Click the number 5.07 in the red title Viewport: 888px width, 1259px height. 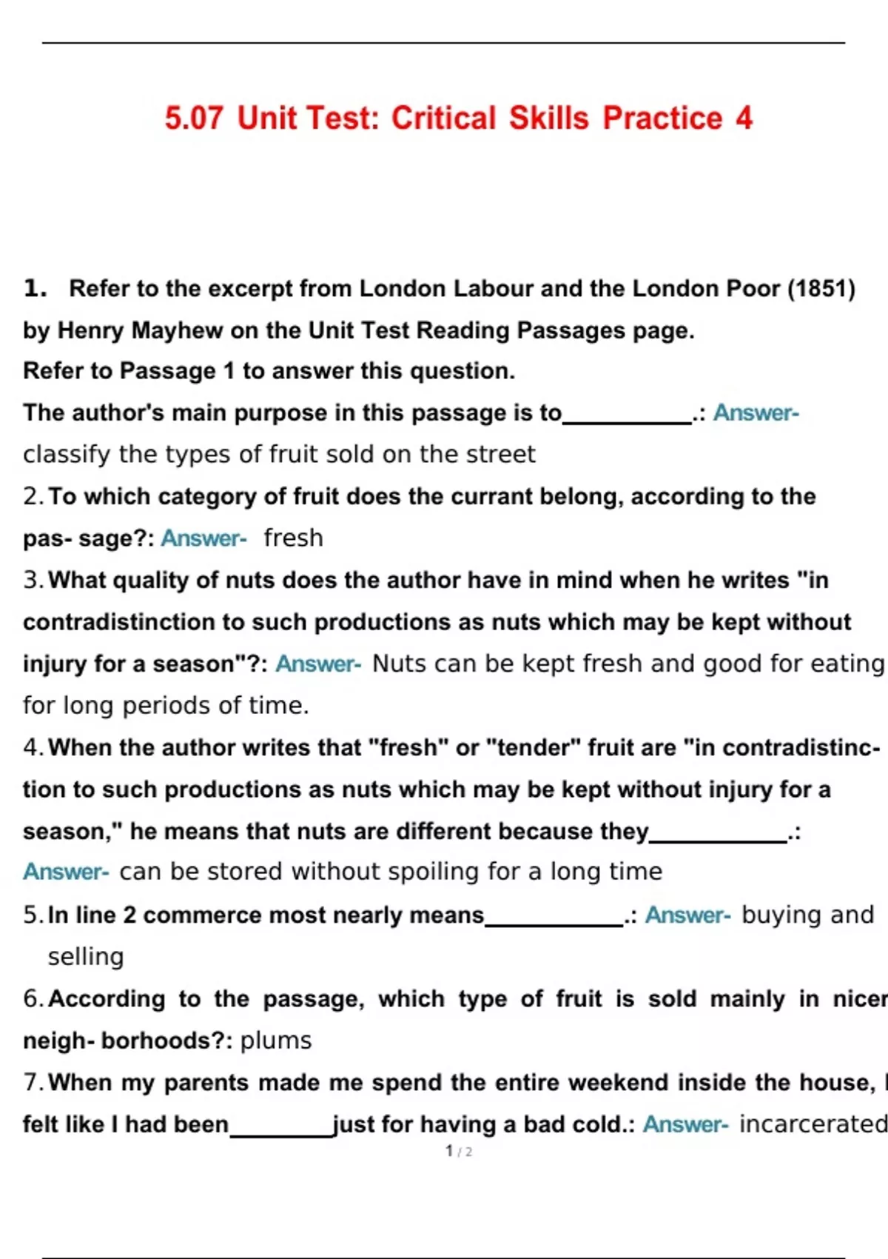pyautogui.click(x=193, y=118)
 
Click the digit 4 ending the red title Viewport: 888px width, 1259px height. pyautogui.click(x=743, y=118)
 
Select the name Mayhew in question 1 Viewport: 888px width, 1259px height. pyautogui.click(x=177, y=330)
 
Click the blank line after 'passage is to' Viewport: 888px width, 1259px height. pyautogui.click(x=627, y=419)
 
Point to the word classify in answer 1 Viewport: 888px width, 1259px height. pyautogui.click(x=67, y=454)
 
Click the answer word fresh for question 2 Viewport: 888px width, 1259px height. pyautogui.click(x=293, y=538)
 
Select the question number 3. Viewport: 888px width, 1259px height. pyautogui.click(x=33, y=580)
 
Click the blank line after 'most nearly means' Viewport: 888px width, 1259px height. pyautogui.click(x=554, y=923)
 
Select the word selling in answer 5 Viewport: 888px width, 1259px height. pyautogui.click(x=86, y=957)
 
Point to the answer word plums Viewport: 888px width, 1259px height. pyautogui.click(x=276, y=1041)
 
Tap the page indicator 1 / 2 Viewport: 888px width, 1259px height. pyautogui.click(x=459, y=1151)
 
